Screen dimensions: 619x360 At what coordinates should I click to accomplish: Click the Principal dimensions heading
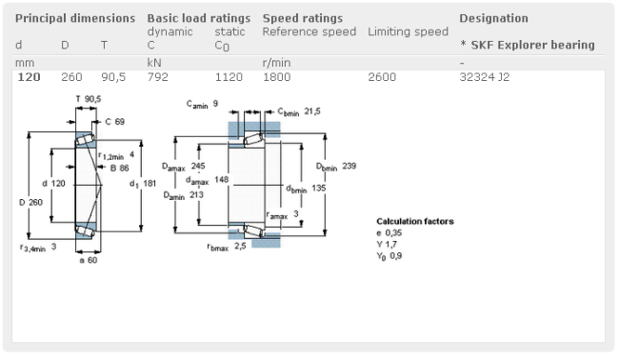coord(75,18)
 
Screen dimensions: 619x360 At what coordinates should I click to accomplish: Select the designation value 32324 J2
coord(485,76)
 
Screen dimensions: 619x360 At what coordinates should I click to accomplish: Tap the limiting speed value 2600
coord(382,76)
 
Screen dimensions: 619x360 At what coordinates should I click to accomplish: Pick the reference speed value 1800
coord(277,76)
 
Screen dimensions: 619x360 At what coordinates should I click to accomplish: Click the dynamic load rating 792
coord(157,76)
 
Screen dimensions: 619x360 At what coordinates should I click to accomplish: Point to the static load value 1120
coord(229,76)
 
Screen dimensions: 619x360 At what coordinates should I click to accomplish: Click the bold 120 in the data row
coord(29,76)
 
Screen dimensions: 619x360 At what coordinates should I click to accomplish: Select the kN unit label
coord(154,63)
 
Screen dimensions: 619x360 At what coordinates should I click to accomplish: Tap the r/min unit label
coord(276,63)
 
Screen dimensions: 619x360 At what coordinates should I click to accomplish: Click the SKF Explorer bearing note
coord(528,45)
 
